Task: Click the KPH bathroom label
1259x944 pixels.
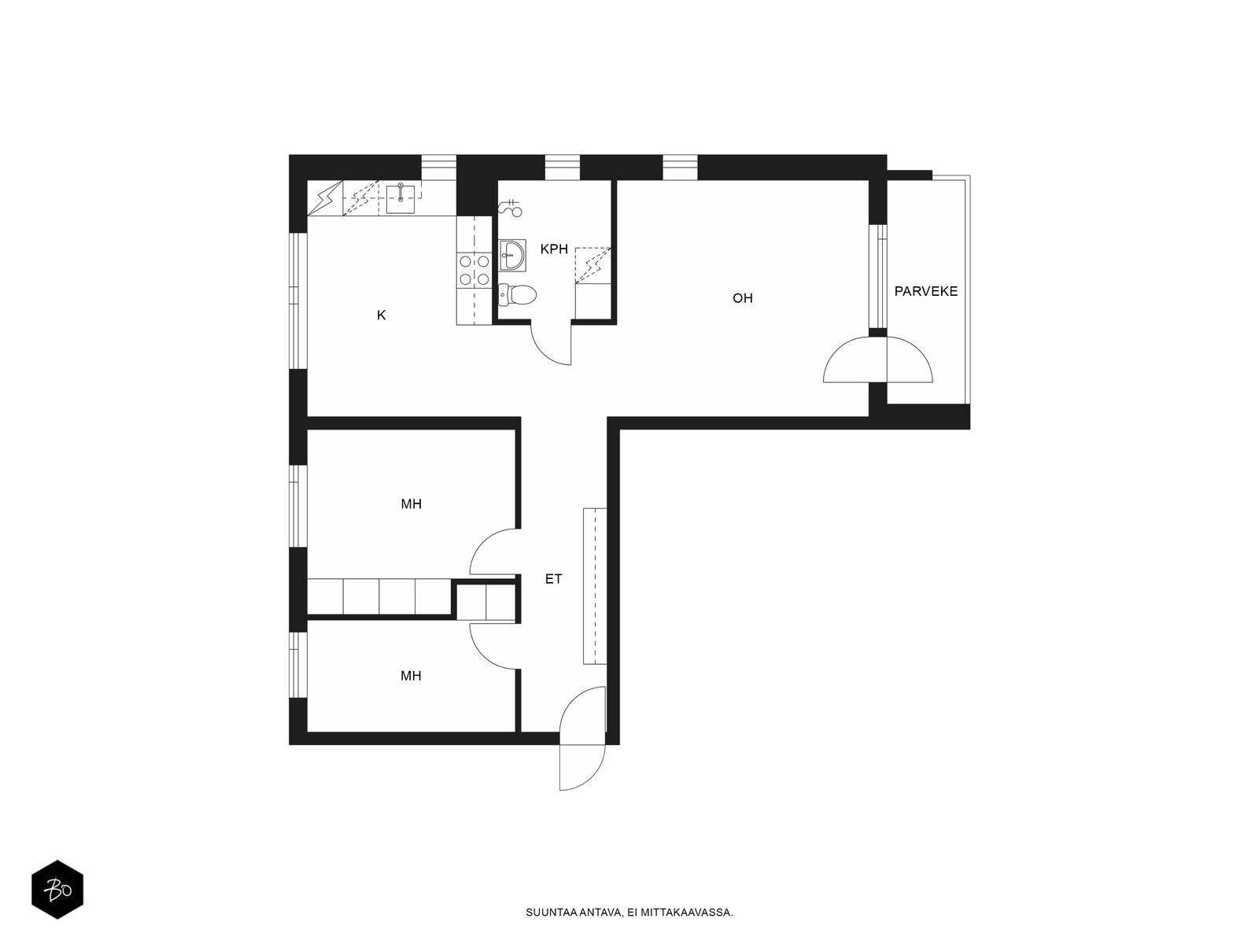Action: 553,249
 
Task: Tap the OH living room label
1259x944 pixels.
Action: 742,298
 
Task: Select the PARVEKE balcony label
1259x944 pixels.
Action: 925,291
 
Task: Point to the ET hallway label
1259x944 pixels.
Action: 553,579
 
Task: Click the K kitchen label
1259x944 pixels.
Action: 381,315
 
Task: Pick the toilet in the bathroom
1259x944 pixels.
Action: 517,294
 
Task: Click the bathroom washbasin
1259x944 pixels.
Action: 511,254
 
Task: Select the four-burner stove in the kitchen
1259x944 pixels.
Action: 474,271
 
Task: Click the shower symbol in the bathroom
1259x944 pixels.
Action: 510,208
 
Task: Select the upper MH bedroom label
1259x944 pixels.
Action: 411,503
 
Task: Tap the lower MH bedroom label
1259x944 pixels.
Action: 411,676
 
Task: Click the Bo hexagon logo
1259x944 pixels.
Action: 57,890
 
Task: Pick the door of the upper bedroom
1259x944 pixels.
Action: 494,551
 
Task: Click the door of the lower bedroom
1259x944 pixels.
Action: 494,646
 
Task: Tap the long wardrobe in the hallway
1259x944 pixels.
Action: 595,586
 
